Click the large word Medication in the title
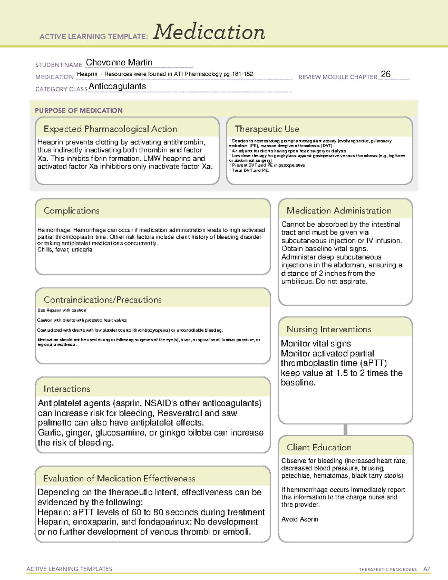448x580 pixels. click(209, 32)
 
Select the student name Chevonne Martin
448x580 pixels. click(119, 62)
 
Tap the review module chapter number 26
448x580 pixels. click(386, 74)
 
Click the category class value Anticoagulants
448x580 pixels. click(117, 86)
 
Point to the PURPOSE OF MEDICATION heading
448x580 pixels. click(79, 111)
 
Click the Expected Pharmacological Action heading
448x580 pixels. click(110, 129)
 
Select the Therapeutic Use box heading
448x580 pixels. click(267, 129)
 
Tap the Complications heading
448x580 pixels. click(72, 211)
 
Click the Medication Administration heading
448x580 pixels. click(339, 211)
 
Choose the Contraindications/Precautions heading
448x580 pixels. click(103, 300)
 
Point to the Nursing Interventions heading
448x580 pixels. click(329, 329)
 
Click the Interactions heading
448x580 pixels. click(67, 389)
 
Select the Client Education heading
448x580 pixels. click(319, 447)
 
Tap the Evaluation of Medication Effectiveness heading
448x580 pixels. click(119, 478)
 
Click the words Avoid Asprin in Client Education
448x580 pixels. click(300, 519)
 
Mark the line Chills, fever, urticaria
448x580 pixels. click(65, 249)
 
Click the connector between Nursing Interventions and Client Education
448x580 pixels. click(345, 429)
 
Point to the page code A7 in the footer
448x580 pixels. click(426, 569)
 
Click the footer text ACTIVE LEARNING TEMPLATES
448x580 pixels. click(69, 569)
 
